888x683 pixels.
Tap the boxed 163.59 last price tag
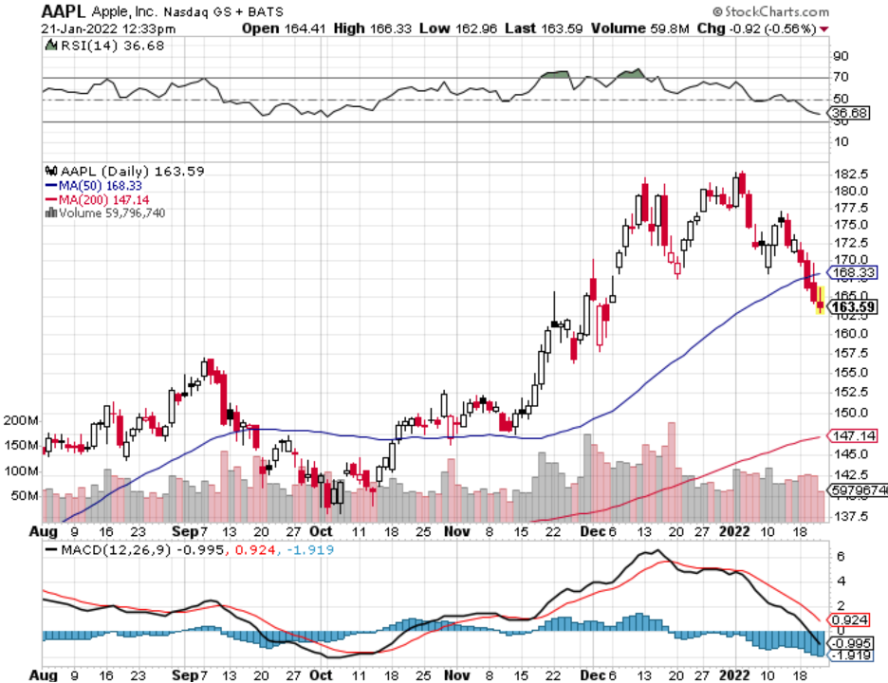pos(852,306)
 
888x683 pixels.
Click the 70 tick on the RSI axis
pos(841,78)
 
